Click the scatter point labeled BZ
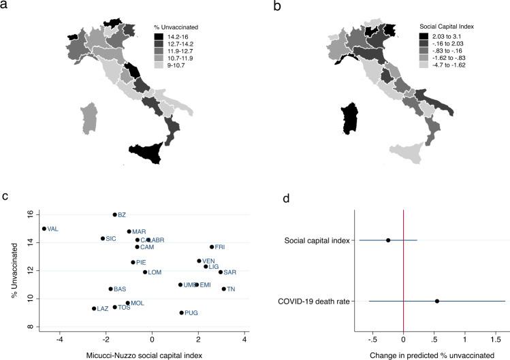click(x=114, y=215)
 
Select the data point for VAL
click(x=44, y=229)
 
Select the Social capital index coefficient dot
click(x=388, y=240)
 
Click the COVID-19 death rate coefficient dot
click(x=437, y=301)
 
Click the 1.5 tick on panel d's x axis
click(x=495, y=338)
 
